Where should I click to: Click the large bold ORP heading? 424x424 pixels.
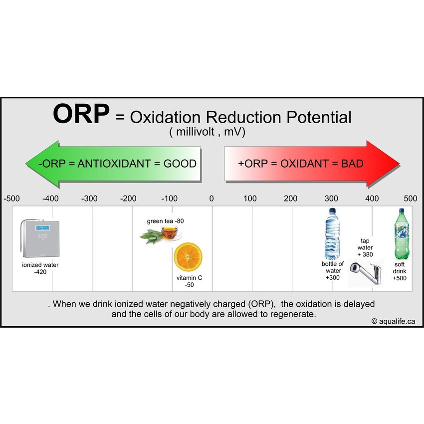coord(81,114)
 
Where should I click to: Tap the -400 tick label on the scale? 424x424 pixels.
coord(50,199)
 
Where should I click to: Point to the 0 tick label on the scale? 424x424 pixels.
coord(212,199)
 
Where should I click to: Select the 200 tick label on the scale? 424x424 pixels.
coord(290,199)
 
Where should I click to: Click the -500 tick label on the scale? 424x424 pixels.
coord(11,199)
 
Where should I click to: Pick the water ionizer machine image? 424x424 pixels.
coord(40,238)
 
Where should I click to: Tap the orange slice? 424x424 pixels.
coord(188,257)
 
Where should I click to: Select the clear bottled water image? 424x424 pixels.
coord(332,233)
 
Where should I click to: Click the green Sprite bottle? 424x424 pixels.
coord(402,234)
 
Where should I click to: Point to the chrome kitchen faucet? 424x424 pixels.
coord(366,273)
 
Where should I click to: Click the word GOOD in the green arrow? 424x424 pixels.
coord(180,164)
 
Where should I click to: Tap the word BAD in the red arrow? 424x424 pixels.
coord(352,164)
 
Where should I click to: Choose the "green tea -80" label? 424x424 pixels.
coord(165,221)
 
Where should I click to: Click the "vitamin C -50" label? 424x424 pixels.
coord(189,281)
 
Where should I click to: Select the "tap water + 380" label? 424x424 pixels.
coord(365,247)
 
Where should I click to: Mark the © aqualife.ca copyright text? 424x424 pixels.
coord(393,321)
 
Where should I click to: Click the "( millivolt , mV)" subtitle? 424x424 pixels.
coord(207,132)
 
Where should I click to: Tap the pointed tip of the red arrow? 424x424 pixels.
coord(400,164)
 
